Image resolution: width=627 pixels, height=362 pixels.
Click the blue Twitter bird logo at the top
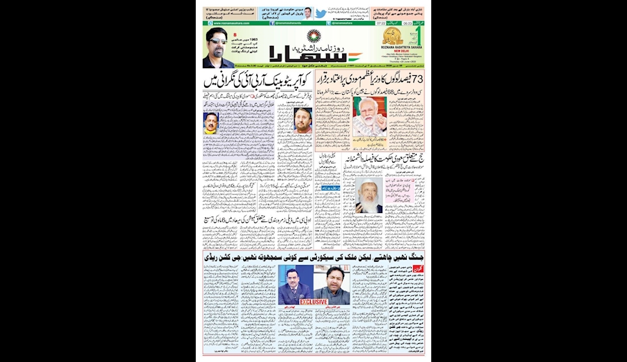pyautogui.click(x=320, y=13)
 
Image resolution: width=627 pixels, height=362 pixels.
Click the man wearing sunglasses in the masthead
pyautogui.click(x=218, y=47)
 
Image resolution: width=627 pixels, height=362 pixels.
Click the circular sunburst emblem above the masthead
pyautogui.click(x=314, y=36)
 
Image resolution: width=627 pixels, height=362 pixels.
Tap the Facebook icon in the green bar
pyautogui.click(x=272, y=22)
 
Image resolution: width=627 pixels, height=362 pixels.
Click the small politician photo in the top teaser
pyautogui.click(x=307, y=13)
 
